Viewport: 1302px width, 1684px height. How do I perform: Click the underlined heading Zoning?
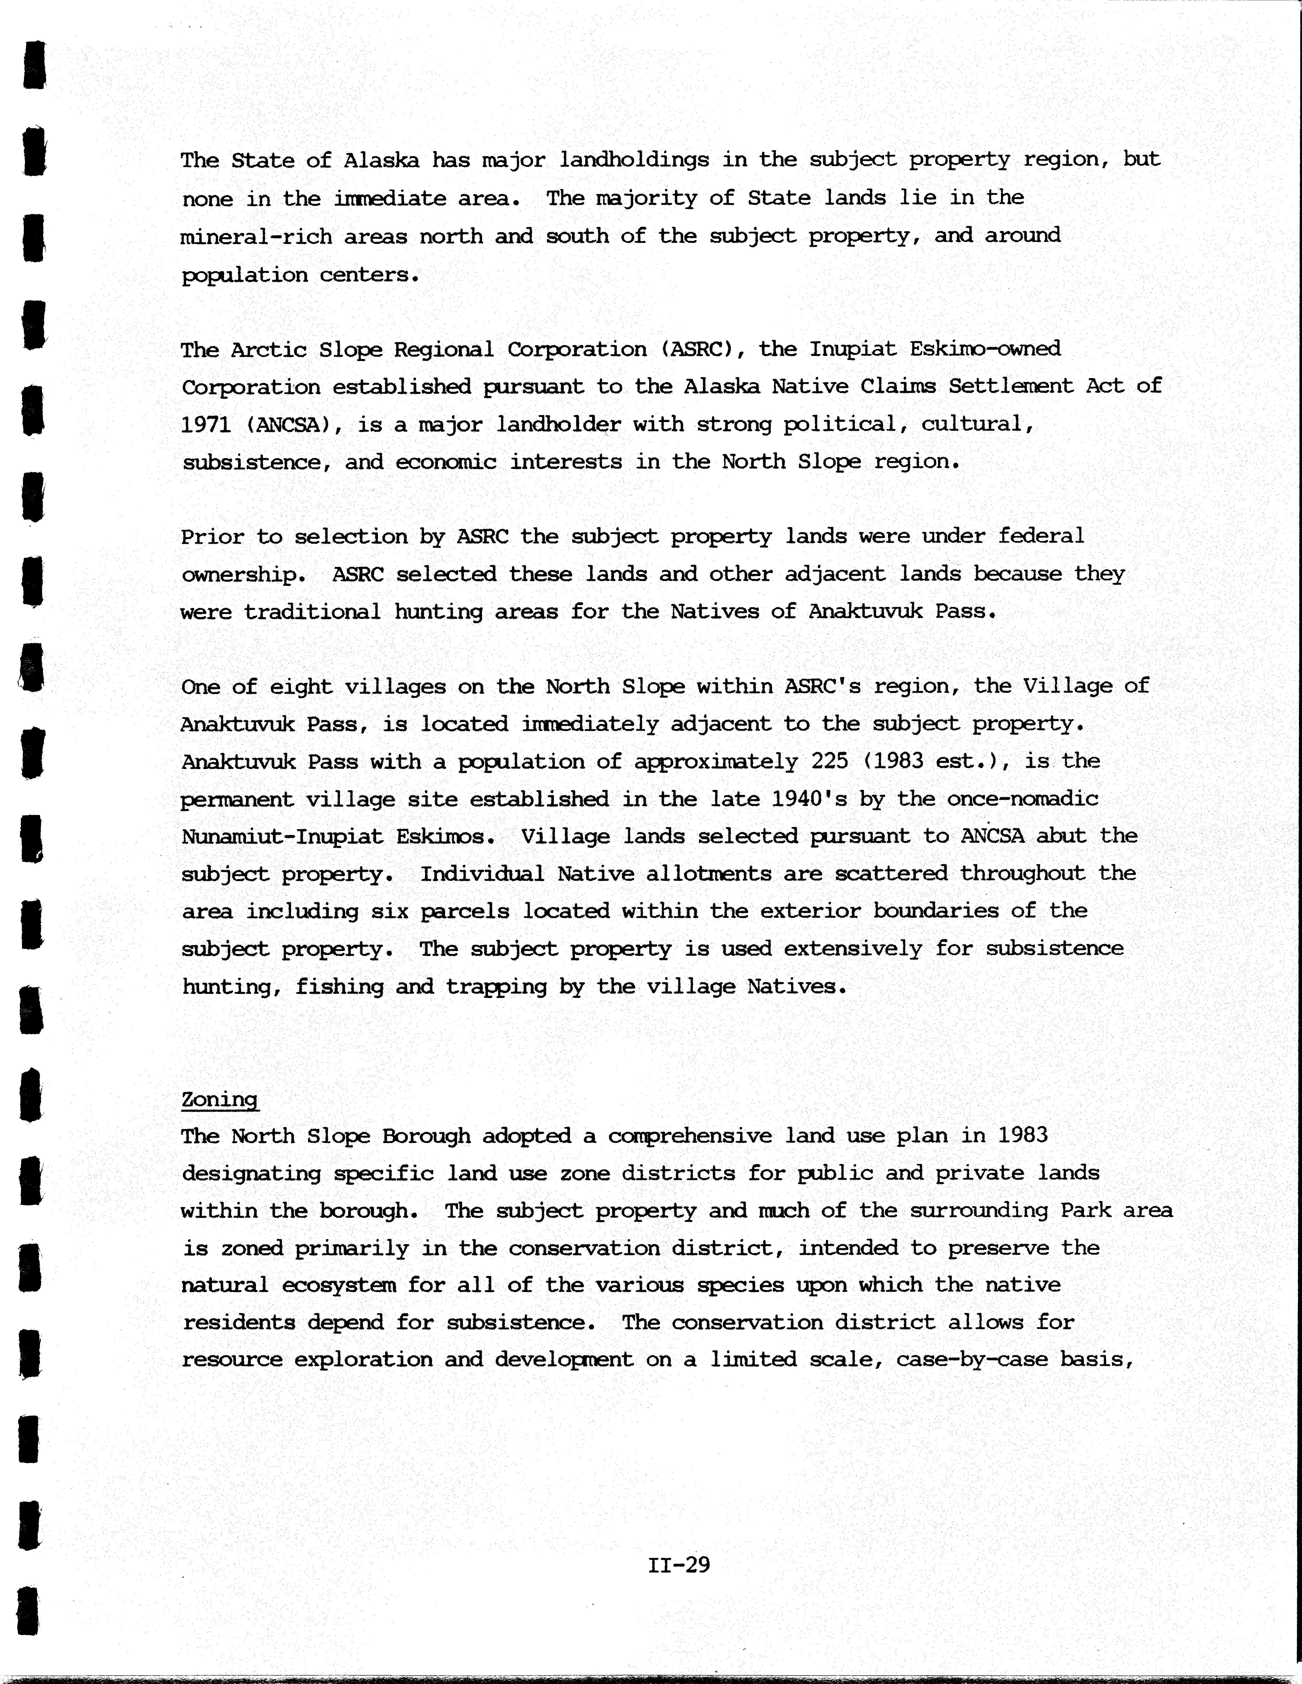pyautogui.click(x=220, y=1099)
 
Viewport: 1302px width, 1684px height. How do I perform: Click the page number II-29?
pyautogui.click(x=678, y=1565)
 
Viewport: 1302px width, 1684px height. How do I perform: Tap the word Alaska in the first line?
pyautogui.click(x=381, y=160)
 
